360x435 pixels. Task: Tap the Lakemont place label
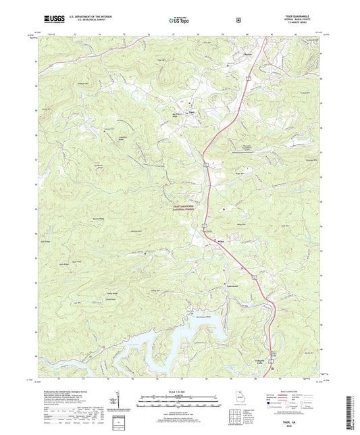tap(233, 285)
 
